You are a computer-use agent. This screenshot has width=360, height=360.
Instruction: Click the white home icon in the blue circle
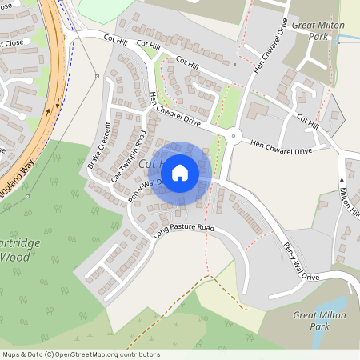click(180, 172)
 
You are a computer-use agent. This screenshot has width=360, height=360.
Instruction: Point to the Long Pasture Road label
click(185, 229)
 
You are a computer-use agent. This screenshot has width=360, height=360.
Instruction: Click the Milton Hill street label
click(350, 200)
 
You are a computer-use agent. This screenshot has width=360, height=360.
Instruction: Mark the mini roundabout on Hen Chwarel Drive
click(233, 137)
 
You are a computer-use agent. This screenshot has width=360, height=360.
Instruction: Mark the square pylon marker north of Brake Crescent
click(97, 76)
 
